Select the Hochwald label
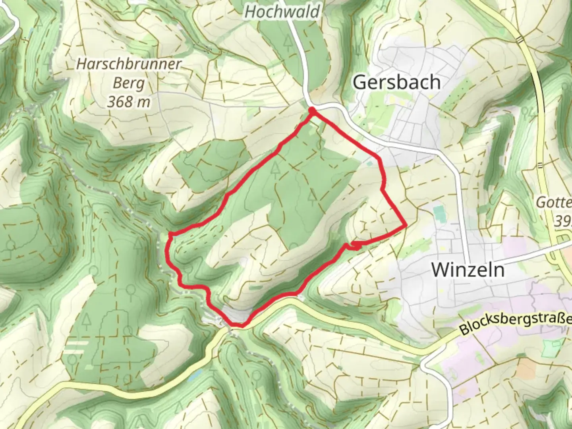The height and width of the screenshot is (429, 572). click(282, 12)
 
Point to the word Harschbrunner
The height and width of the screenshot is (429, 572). click(129, 64)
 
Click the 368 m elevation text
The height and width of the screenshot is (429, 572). click(129, 102)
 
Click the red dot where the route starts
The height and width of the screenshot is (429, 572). click(312, 110)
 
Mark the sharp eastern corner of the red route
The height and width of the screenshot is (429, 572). click(406, 225)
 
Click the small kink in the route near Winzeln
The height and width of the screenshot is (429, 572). click(355, 246)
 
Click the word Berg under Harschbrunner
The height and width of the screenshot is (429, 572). click(129, 83)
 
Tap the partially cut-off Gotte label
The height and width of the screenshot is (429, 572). click(554, 203)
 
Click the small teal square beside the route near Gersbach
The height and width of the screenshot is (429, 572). click(370, 162)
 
